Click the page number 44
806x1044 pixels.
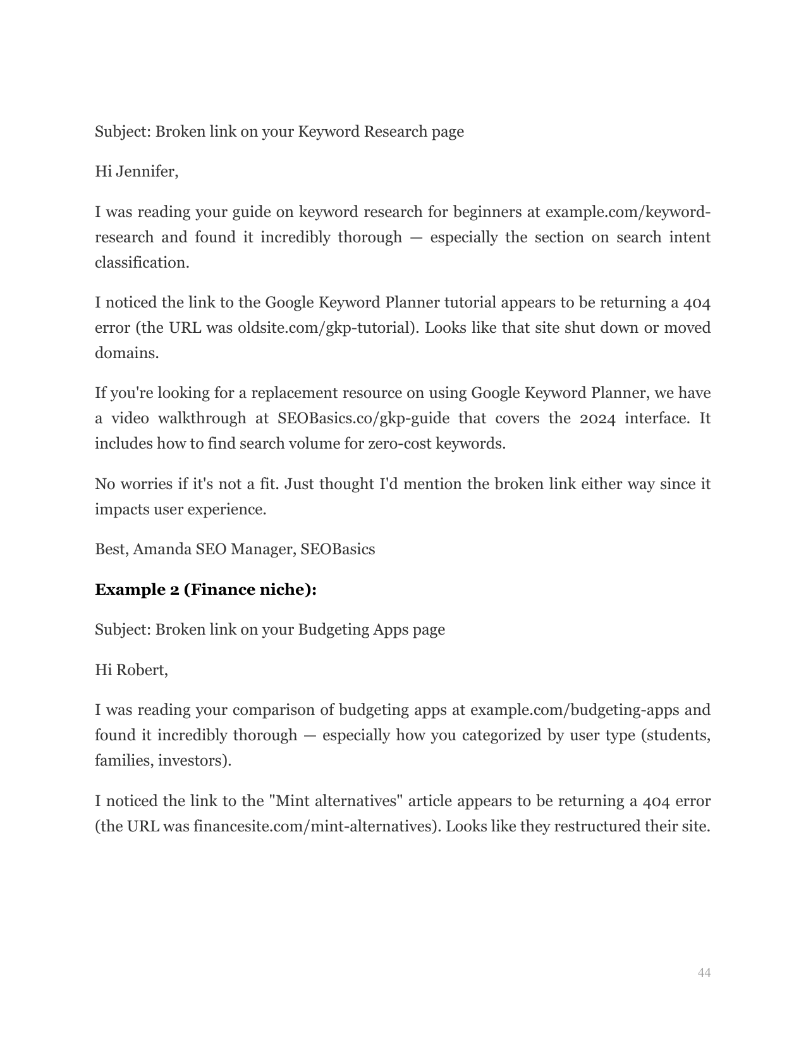[704, 973]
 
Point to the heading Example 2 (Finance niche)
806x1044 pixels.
[205, 590]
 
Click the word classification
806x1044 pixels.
[142, 263]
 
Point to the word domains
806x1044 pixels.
[126, 353]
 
